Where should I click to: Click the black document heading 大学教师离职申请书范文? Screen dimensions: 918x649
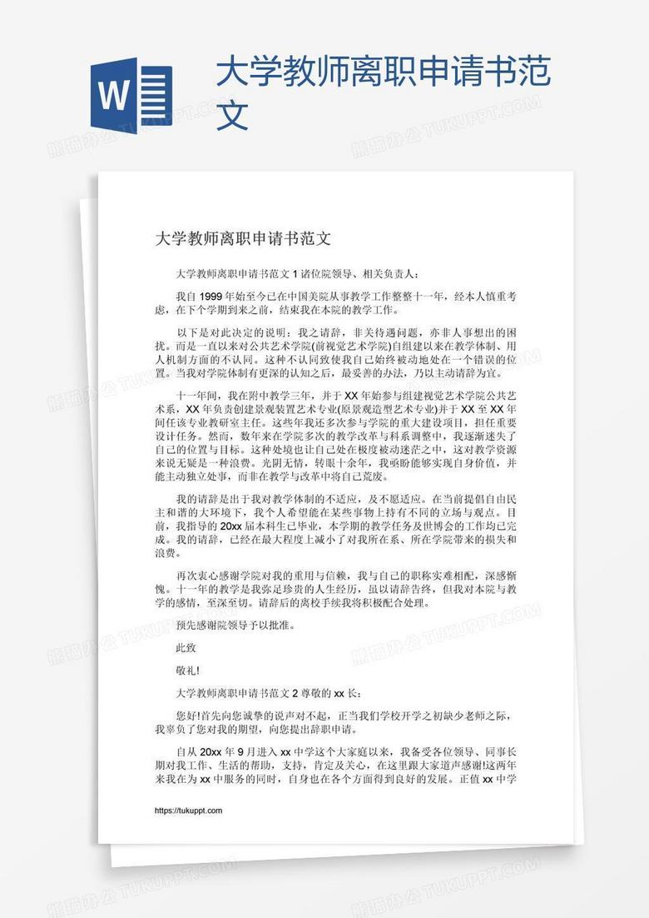click(x=243, y=239)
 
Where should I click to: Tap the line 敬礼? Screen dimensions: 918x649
click(x=187, y=669)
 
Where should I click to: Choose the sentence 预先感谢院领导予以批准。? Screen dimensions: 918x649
click(x=235, y=624)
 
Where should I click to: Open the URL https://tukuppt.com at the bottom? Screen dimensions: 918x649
click(x=189, y=811)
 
